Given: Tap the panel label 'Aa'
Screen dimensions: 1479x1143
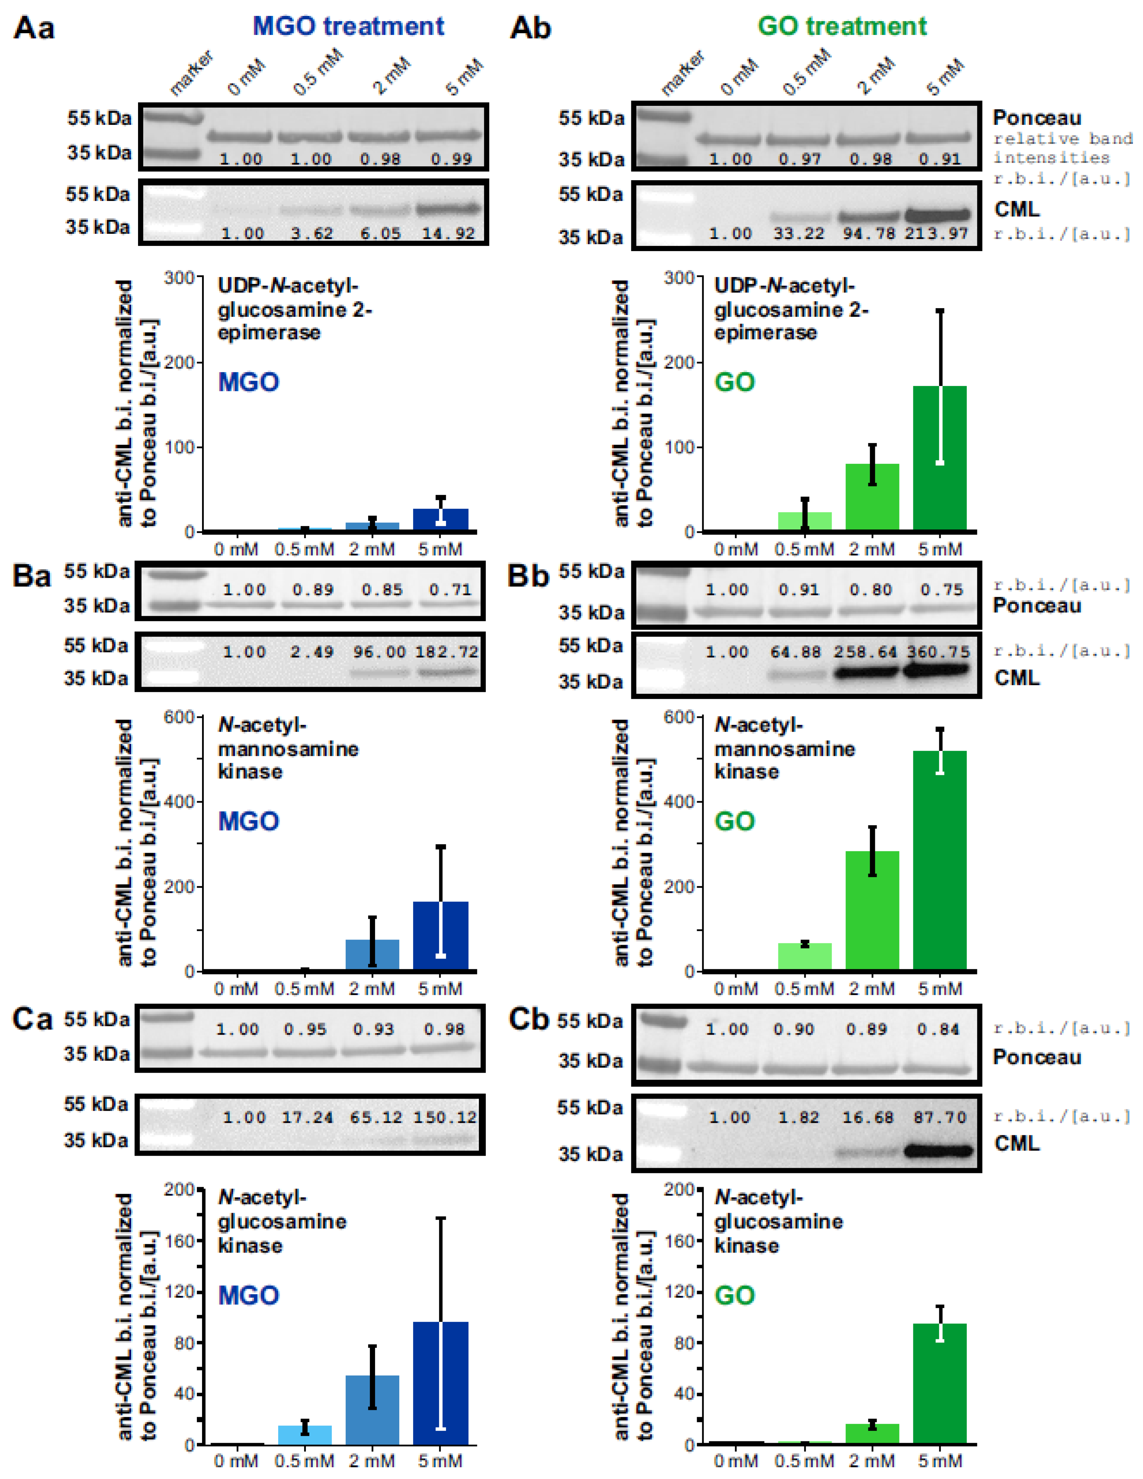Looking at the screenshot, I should point(34,28).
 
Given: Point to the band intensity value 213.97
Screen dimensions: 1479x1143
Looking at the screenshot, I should point(937,234).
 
